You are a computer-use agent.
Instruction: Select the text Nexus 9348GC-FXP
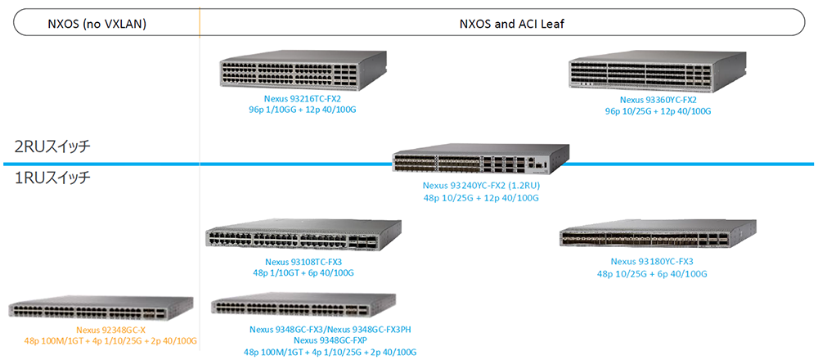pyautogui.click(x=330, y=340)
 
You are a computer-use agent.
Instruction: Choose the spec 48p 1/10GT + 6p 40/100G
pyautogui.click(x=303, y=272)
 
